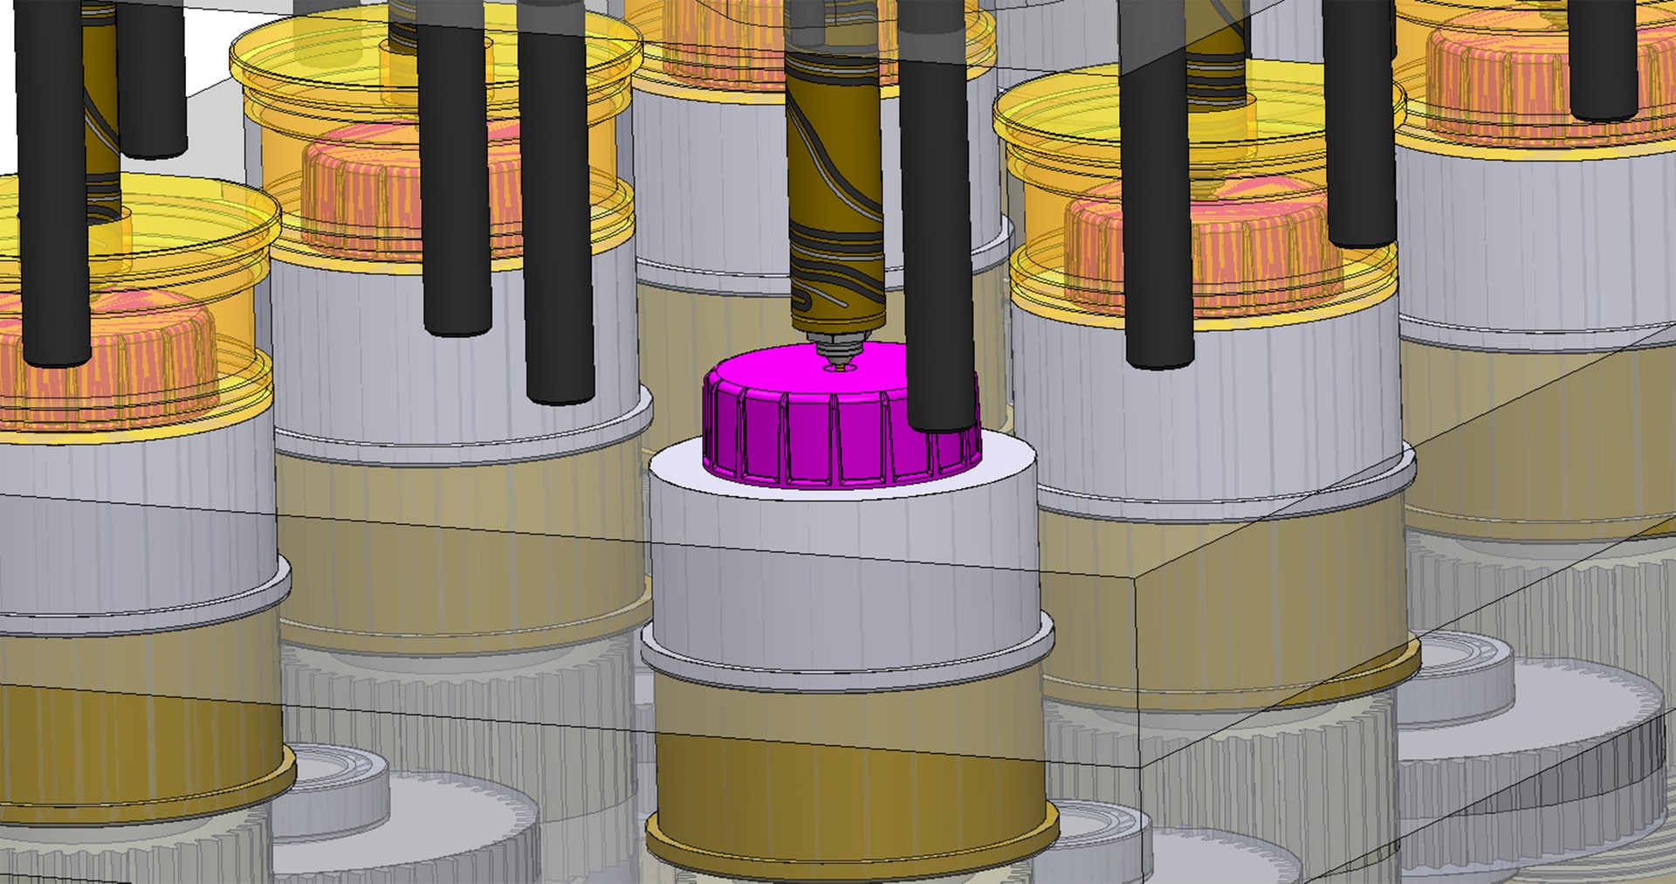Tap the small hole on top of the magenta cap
click(840, 368)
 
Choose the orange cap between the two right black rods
click(1257, 253)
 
